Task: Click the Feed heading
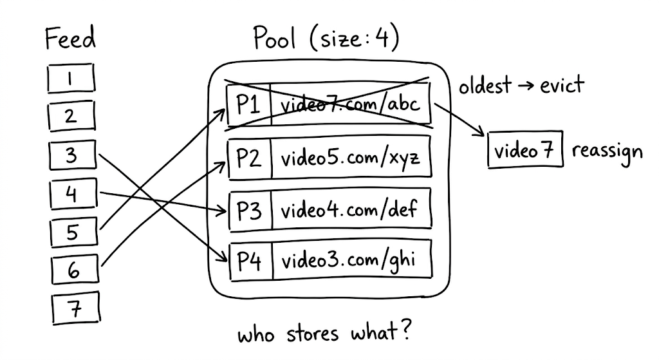tap(70, 40)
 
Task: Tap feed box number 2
tap(71, 117)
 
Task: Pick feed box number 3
tap(71, 155)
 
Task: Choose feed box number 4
tap(71, 193)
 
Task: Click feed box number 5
tap(72, 231)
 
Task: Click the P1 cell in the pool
tap(248, 104)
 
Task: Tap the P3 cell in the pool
tap(249, 209)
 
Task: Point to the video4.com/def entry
tap(350, 209)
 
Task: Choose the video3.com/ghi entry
tap(350, 261)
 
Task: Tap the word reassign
tap(606, 152)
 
